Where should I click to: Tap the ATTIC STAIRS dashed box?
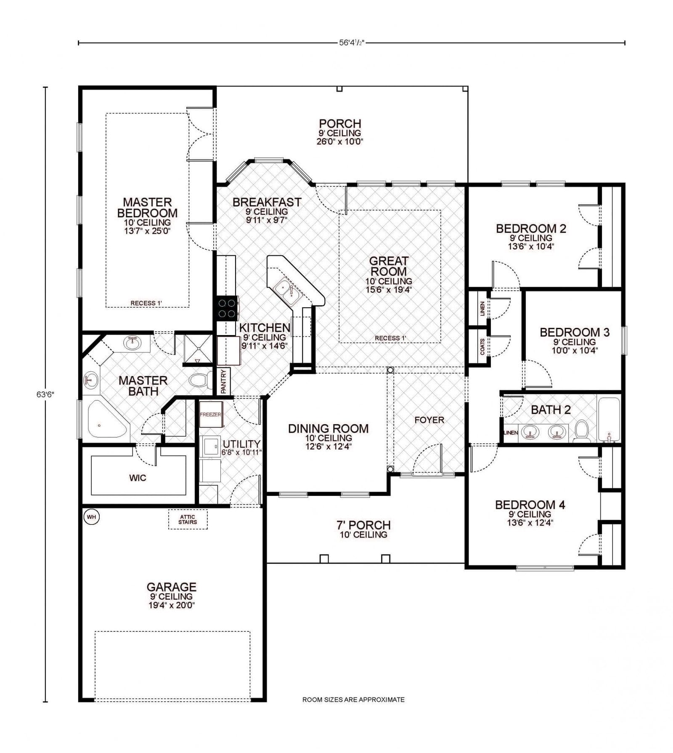188,519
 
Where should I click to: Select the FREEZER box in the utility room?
210,415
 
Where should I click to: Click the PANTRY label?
224,381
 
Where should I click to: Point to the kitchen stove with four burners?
227,308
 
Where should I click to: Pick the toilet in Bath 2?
582,431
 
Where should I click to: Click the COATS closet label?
482,346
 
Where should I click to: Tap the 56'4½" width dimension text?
351,43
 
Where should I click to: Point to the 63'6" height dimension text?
45,394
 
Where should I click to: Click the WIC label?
138,478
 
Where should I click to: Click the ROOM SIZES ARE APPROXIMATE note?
353,700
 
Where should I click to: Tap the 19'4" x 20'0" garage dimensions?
171,605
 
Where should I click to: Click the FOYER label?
429,420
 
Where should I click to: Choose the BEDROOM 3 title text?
574,332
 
